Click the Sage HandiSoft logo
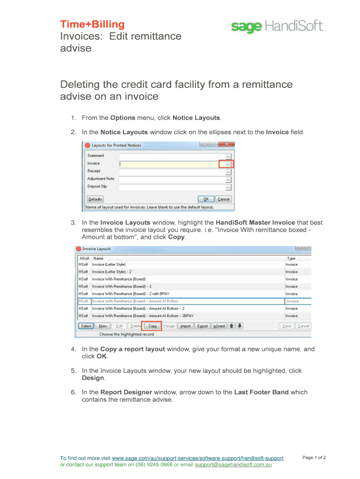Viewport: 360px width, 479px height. click(277, 26)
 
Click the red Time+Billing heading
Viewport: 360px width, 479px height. click(92, 24)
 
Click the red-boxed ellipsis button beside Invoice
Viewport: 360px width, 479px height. click(228, 164)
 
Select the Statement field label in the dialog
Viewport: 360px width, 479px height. click(96, 156)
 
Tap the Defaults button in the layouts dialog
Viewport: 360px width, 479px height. click(95, 199)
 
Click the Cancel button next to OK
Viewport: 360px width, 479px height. click(224, 199)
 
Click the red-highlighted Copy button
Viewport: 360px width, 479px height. click(152, 326)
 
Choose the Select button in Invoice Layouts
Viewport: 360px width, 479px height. click(86, 326)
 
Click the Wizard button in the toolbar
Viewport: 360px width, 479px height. click(218, 326)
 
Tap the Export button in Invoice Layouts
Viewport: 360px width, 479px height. click(202, 326)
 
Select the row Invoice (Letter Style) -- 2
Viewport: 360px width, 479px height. click(112, 272)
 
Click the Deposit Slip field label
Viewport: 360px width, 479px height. click(98, 187)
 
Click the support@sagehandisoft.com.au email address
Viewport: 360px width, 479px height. click(233, 465)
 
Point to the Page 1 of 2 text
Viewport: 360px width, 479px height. click(314, 457)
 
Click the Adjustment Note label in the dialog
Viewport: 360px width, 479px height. click(101, 179)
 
